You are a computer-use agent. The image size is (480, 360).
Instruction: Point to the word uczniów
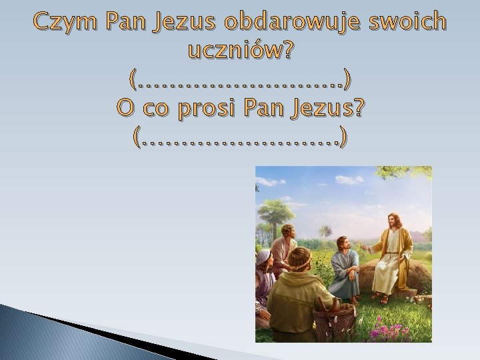click(x=231, y=51)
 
